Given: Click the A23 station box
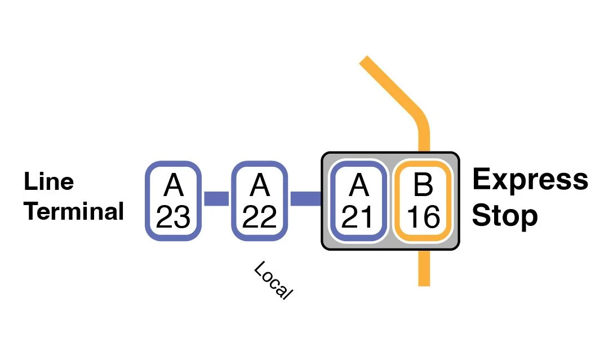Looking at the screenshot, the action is click(173, 201).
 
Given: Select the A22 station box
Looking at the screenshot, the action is click(259, 201).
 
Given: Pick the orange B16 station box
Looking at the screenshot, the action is click(423, 201).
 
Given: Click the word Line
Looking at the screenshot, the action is click(48, 182).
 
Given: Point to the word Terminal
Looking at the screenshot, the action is click(74, 212).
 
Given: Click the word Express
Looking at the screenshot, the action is click(530, 180).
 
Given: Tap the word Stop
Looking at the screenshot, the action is click(505, 215).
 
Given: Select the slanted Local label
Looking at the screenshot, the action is click(274, 280).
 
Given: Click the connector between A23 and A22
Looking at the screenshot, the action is click(216, 199).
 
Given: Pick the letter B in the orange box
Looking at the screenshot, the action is click(423, 184).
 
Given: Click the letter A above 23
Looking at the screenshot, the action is click(173, 184).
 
